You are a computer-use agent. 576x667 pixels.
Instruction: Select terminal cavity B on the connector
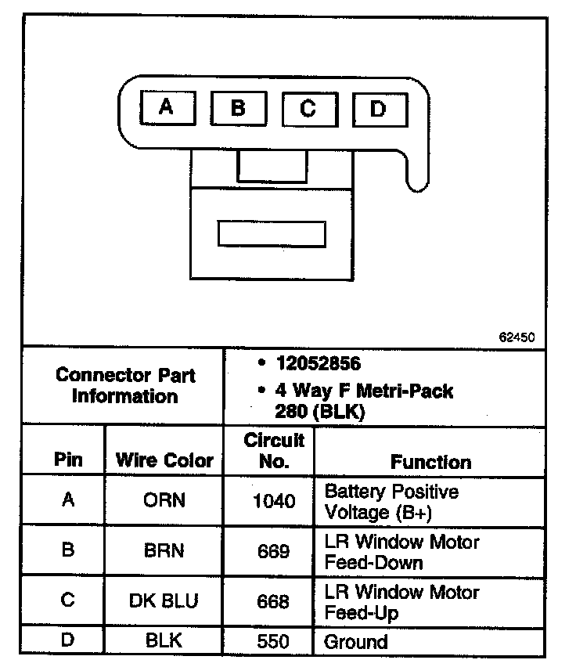click(x=238, y=108)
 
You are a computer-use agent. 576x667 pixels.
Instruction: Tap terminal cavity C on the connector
click(x=308, y=109)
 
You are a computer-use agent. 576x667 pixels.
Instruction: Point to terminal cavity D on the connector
click(x=379, y=110)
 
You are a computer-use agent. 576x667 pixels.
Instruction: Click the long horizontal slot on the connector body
click(x=271, y=233)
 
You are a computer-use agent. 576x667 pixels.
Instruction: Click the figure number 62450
click(x=517, y=338)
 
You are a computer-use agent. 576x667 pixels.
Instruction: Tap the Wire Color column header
click(x=164, y=460)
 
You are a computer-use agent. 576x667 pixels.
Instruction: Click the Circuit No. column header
click(x=274, y=450)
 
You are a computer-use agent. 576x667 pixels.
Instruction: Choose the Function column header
click(x=431, y=462)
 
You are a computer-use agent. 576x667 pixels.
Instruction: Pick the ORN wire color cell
click(x=164, y=500)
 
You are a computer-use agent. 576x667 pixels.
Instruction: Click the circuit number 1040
click(x=275, y=501)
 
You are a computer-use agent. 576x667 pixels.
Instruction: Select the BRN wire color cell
click(x=164, y=550)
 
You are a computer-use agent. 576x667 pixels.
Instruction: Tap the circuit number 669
click(x=274, y=551)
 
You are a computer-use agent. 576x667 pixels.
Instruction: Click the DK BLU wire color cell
click(x=164, y=600)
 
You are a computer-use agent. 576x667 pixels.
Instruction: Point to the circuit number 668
click(x=274, y=601)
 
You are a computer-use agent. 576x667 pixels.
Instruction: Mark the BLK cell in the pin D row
click(x=164, y=640)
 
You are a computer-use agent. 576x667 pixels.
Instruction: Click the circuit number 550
click(x=274, y=641)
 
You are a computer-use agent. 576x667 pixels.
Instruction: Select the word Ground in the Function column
click(x=356, y=642)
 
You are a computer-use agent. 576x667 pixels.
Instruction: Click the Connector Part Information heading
click(x=125, y=385)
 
